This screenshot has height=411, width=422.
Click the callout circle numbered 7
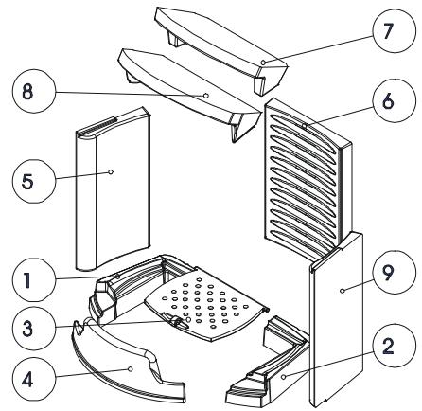tap(394, 30)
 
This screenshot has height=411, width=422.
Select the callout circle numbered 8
tap(34, 91)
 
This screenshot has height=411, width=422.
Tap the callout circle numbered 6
tap(394, 100)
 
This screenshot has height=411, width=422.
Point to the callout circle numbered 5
tap(34, 181)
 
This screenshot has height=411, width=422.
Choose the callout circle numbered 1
tap(34, 280)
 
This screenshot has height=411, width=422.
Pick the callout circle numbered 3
tap(34, 329)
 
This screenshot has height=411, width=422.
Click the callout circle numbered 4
tap(34, 379)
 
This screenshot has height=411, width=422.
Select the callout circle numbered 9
tap(394, 272)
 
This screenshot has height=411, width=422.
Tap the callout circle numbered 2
tap(394, 346)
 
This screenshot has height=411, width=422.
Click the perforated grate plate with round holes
tap(206, 305)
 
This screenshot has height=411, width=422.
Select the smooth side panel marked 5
tap(113, 189)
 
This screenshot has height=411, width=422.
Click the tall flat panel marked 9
tap(337, 319)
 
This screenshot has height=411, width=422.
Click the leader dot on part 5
tap(111, 171)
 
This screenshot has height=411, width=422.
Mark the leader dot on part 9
tap(343, 291)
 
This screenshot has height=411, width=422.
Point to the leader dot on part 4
tap(131, 368)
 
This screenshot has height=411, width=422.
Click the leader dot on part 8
tap(206, 95)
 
